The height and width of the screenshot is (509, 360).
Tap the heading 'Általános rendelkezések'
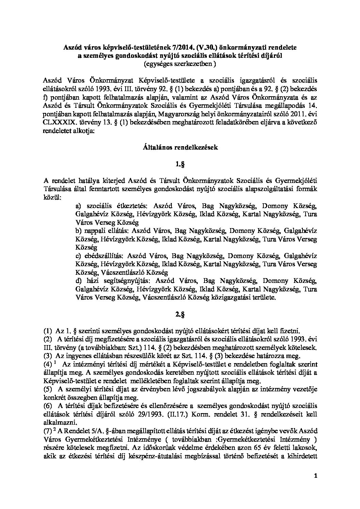pos(180,148)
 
